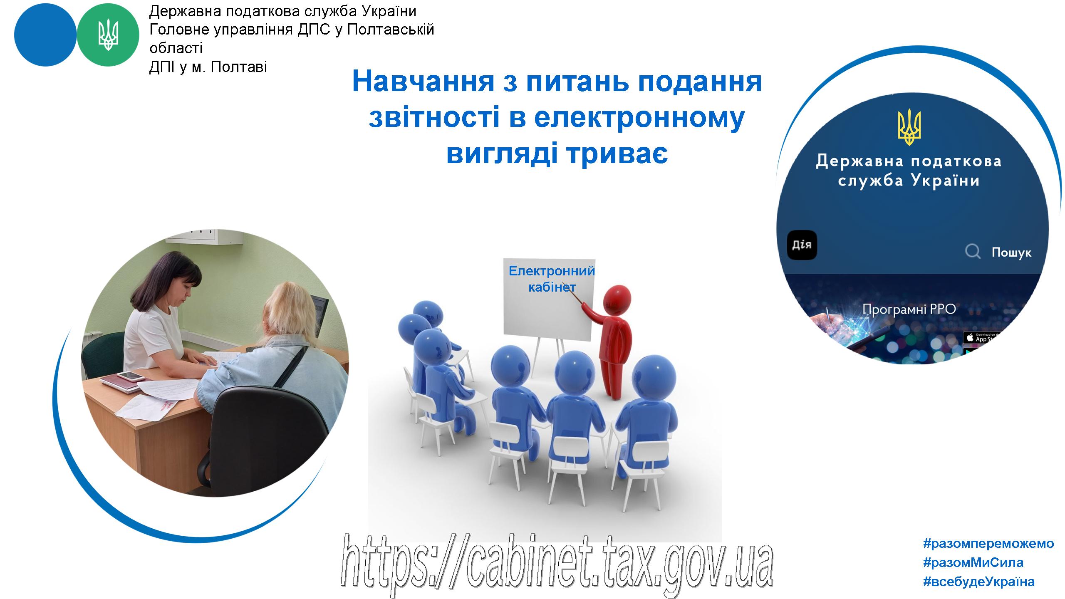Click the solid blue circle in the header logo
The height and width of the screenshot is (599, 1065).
click(45, 35)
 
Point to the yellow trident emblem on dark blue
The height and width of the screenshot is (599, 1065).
click(909, 127)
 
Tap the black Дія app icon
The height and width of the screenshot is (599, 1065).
click(802, 245)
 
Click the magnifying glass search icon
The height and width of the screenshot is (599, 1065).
click(973, 252)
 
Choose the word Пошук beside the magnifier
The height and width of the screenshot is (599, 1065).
click(1011, 252)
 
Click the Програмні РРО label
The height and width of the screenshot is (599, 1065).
click(909, 309)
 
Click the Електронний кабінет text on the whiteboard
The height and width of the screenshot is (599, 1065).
click(552, 279)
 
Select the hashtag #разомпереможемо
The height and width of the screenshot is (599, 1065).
click(988, 543)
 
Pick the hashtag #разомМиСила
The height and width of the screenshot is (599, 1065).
click(973, 562)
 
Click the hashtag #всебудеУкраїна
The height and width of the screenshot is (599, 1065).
click(979, 582)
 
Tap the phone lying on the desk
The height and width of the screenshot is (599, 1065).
click(131, 376)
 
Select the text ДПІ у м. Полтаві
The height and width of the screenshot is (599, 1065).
click(208, 67)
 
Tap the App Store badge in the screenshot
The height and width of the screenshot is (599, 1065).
click(982, 337)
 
